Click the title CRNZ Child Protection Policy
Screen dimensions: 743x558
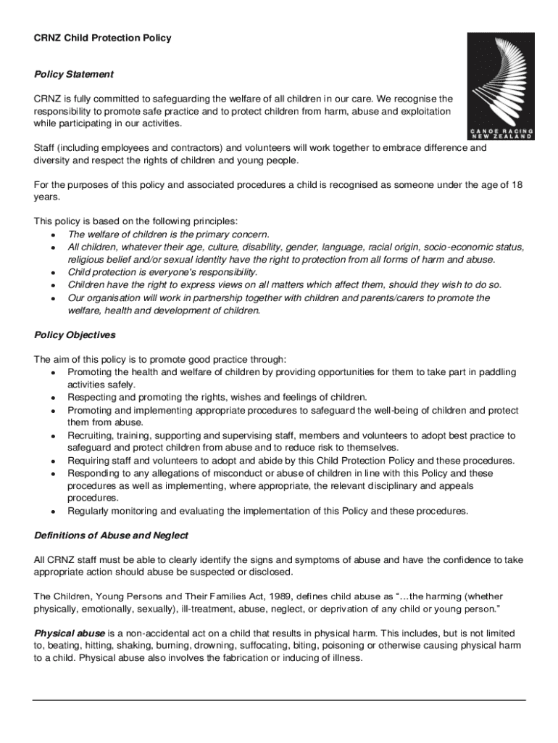[x=103, y=38]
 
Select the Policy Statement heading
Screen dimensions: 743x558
[x=74, y=74]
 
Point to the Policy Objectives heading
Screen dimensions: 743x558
[x=75, y=335]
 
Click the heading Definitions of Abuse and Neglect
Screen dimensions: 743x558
[x=111, y=535]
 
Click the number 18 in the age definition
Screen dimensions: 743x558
[x=516, y=185]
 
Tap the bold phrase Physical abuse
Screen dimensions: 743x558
[x=70, y=633]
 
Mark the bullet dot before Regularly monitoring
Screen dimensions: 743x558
[x=54, y=512]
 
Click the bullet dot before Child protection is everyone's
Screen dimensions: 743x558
[x=54, y=273]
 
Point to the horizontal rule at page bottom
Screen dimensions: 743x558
[x=279, y=699]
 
